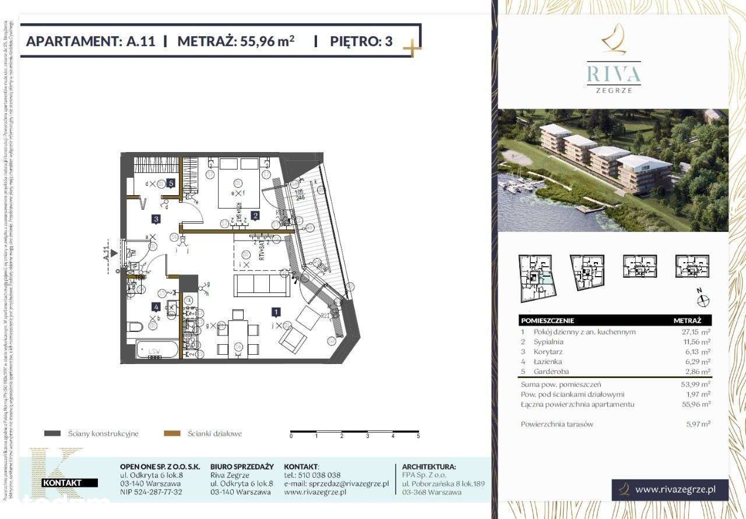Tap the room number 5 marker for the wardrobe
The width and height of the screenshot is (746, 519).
[171, 183]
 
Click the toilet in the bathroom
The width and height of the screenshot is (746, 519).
[133, 325]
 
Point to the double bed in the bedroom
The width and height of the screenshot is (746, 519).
[239, 182]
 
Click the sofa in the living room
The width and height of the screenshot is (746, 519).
[262, 285]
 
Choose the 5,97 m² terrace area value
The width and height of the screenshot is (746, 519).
[698, 424]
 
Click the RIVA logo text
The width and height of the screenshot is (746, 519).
[613, 73]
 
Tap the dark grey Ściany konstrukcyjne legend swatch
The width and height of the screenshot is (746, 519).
[52, 433]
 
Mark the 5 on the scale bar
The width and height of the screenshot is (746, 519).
[418, 436]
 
